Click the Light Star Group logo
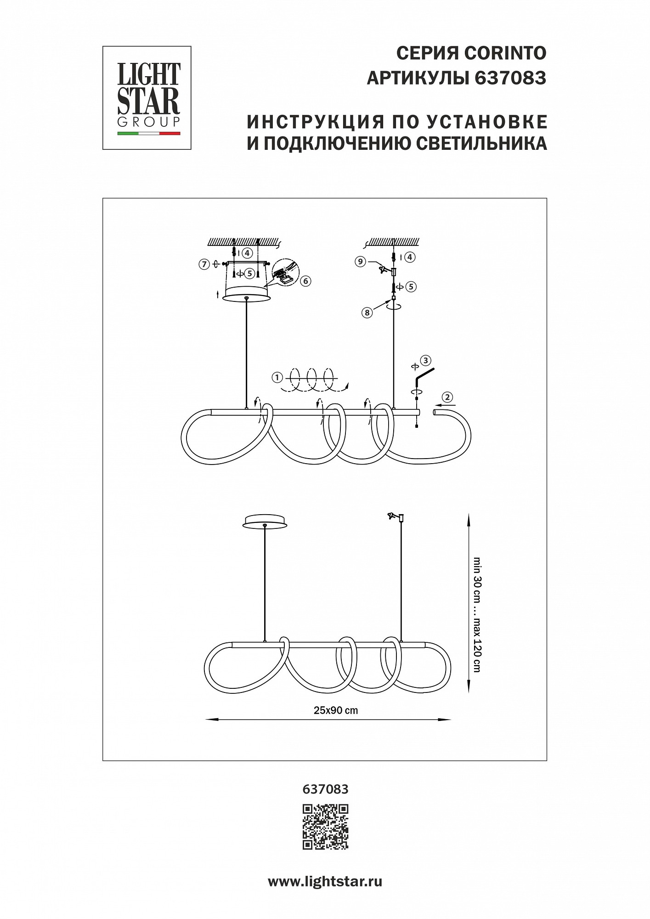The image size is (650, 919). pos(147,98)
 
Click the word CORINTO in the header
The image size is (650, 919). pos(506,54)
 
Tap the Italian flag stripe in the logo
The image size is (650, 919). pos(149,133)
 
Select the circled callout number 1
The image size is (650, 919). pos(277,378)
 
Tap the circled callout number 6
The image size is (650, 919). pos(306,281)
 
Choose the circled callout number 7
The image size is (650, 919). pos(203,264)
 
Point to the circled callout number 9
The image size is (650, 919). pos(361,261)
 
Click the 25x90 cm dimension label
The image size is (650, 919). pos(336,710)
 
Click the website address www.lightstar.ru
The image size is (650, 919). pos(325,882)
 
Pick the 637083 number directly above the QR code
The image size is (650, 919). pos(326,789)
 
